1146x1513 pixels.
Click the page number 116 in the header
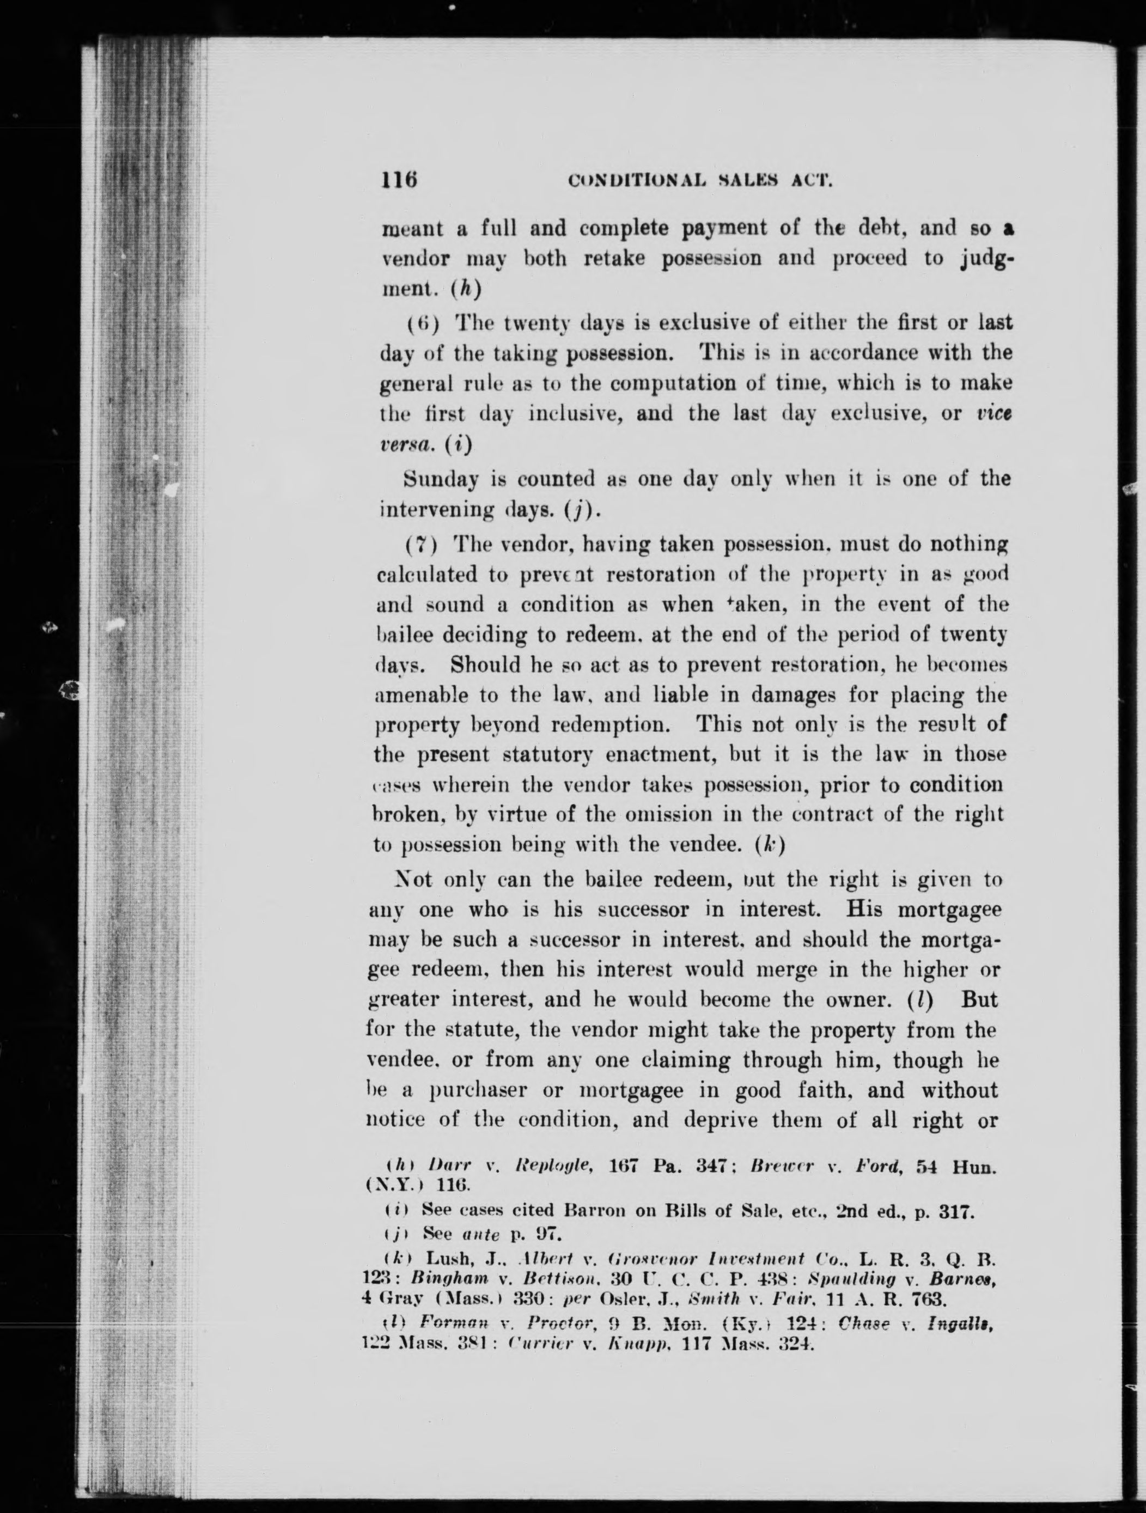pyautogui.click(x=400, y=181)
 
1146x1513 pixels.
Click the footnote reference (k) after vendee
pyautogui.click(x=770, y=845)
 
